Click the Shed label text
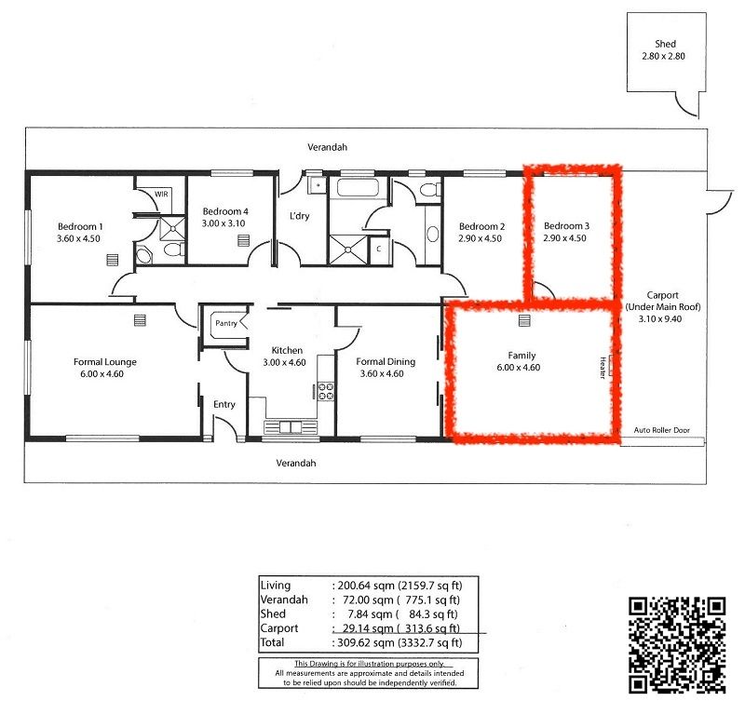[x=665, y=44]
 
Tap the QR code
[x=677, y=642]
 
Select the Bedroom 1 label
[x=80, y=226]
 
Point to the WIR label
[x=162, y=195]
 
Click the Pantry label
[x=226, y=323]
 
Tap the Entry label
[x=224, y=405]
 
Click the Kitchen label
[x=286, y=350]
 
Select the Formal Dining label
[x=386, y=362]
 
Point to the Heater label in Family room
[x=603, y=368]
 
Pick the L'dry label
[x=299, y=217]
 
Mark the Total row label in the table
[x=275, y=642]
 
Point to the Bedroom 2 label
[x=481, y=226]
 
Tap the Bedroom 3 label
[x=566, y=226]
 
